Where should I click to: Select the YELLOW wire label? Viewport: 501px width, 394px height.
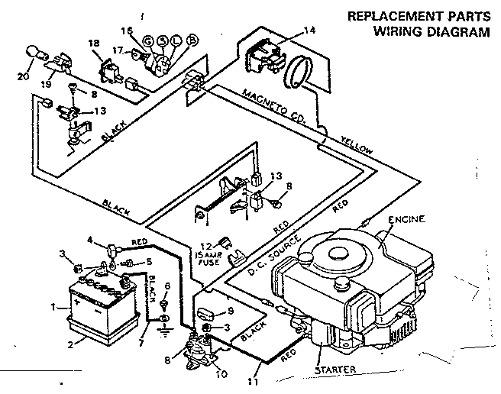pyautogui.click(x=356, y=144)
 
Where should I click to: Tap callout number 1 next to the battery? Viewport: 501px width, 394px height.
pyautogui.click(x=53, y=308)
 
